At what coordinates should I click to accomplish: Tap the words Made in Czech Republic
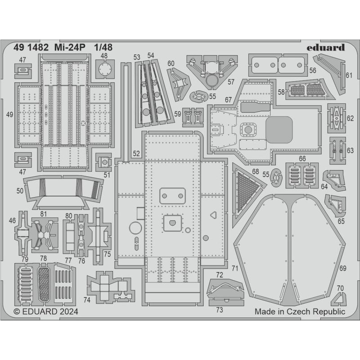300,311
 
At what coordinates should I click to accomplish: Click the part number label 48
104,56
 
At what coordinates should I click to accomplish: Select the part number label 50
19,191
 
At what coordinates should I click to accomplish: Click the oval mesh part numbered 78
44,284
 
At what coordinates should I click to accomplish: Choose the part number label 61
349,75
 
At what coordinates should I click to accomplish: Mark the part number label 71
234,268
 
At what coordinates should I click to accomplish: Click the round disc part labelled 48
104,71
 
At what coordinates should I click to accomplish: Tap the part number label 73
220,309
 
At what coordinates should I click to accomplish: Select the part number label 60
171,63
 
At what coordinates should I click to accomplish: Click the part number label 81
44,213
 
